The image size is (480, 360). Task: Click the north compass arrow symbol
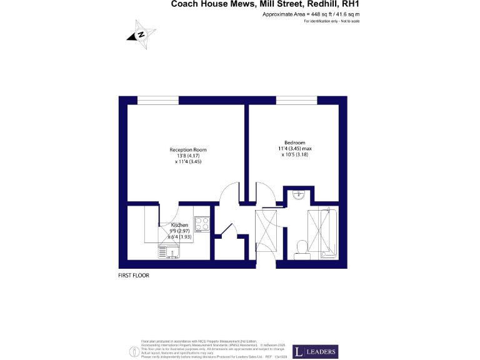(x=141, y=35)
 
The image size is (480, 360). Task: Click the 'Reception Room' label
(x=187, y=150)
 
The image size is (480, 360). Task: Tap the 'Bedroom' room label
(x=294, y=142)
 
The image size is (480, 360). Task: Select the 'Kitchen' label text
(x=179, y=225)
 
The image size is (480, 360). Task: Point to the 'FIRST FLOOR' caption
(x=134, y=275)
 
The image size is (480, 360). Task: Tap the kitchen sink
(x=171, y=251)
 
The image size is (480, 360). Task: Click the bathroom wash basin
(x=299, y=194)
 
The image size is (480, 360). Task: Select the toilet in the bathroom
(x=302, y=249)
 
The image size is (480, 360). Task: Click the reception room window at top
(x=158, y=100)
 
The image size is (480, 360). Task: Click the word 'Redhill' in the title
(x=326, y=4)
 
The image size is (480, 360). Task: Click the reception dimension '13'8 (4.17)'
(x=187, y=156)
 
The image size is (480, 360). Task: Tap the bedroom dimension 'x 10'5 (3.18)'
(x=294, y=154)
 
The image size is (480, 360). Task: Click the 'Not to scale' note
(x=349, y=21)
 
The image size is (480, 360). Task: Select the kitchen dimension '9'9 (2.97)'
(x=179, y=231)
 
